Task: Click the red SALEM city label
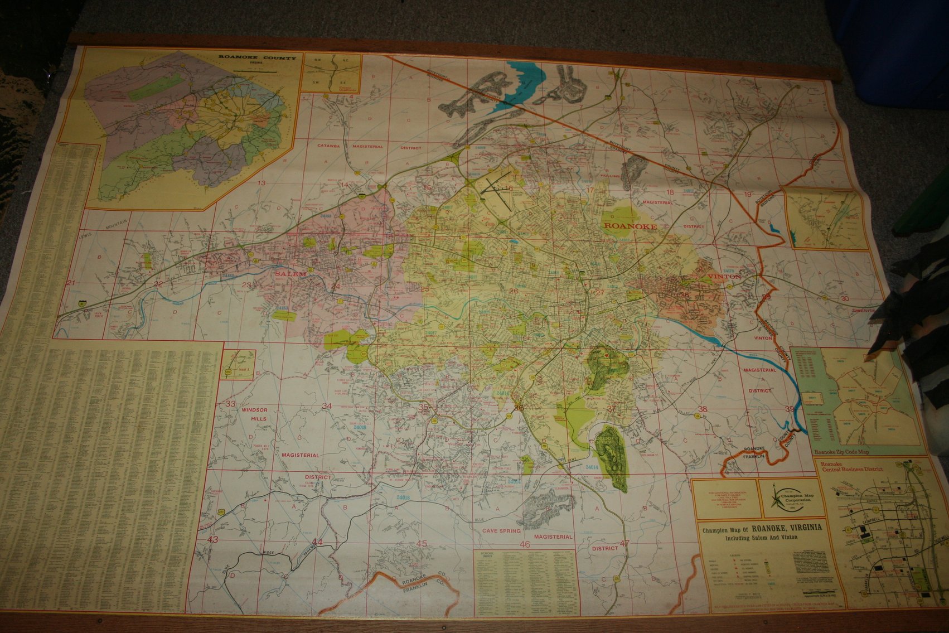coord(290,274)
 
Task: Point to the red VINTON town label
coord(724,277)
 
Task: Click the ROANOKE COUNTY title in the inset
coord(257,57)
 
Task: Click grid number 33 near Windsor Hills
coord(231,404)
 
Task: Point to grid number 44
coord(317,542)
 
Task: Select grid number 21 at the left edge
coord(70,283)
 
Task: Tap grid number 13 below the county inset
coord(261,183)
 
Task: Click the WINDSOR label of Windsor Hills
coord(255,410)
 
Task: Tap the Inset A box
coord(238,364)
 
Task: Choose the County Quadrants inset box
coord(331,73)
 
